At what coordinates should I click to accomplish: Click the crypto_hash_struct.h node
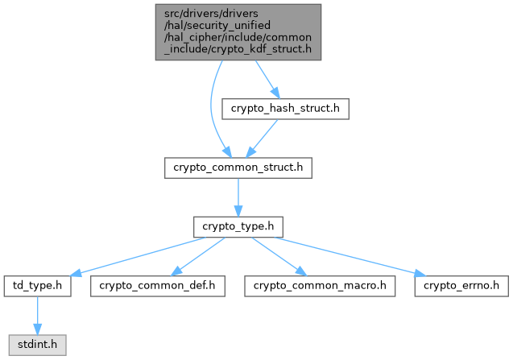tap(285, 110)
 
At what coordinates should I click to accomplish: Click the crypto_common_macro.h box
tap(321, 285)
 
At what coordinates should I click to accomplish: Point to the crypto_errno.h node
tap(461, 285)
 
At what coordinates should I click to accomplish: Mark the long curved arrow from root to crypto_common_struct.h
tap(212, 113)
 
